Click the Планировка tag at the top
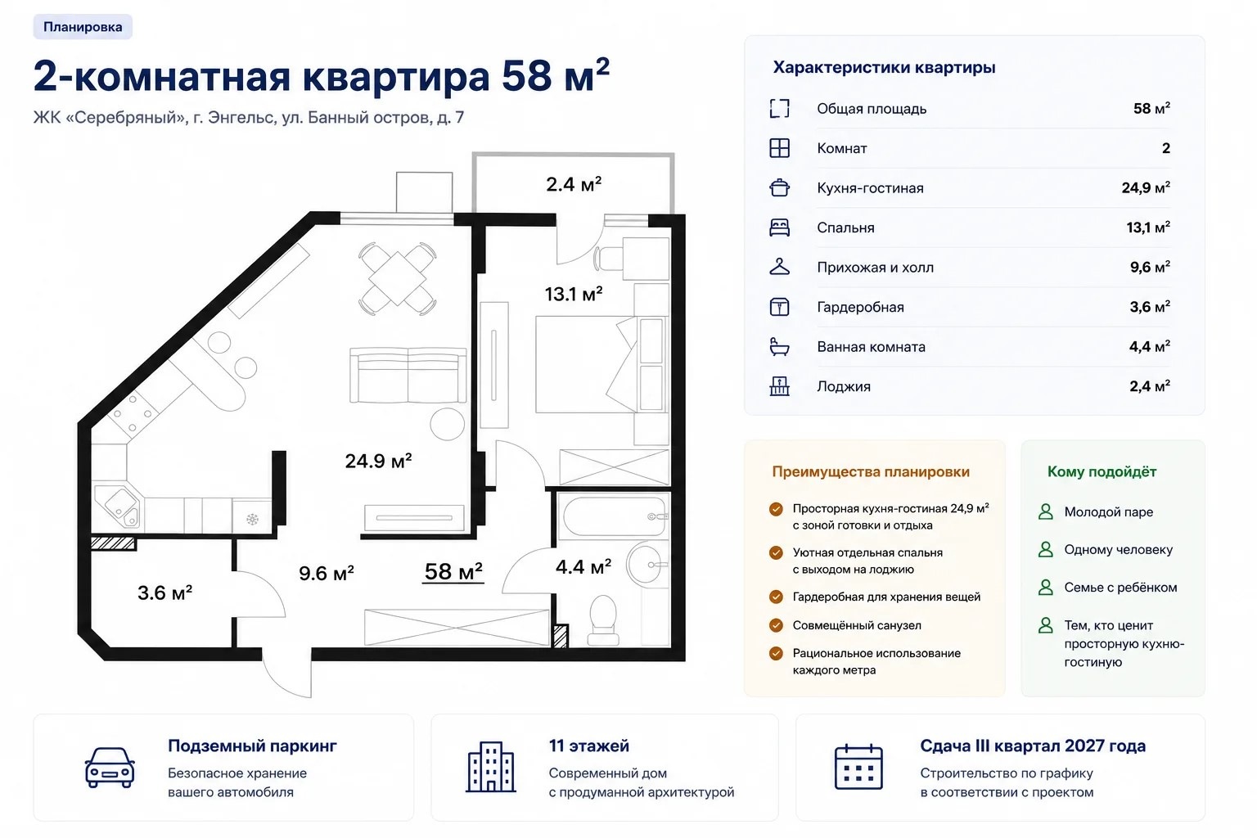tap(83, 27)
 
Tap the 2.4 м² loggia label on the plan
tap(574, 184)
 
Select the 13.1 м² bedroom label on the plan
tap(574, 294)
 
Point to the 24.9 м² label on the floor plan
tap(378, 461)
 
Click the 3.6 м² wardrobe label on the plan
tap(165, 592)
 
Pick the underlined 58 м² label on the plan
tap(453, 572)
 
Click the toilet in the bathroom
tap(603, 619)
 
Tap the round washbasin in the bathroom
tap(646, 564)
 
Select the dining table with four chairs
tap(397, 278)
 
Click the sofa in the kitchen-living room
tap(408, 375)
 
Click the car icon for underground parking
tap(110, 768)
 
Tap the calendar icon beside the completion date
tap(858, 768)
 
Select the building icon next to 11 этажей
tap(491, 767)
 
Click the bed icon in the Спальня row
tap(779, 228)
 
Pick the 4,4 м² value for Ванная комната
tap(1149, 346)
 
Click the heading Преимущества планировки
tap(871, 471)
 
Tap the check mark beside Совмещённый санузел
tap(776, 624)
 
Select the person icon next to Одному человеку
tap(1045, 549)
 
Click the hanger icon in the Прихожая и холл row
tap(779, 267)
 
